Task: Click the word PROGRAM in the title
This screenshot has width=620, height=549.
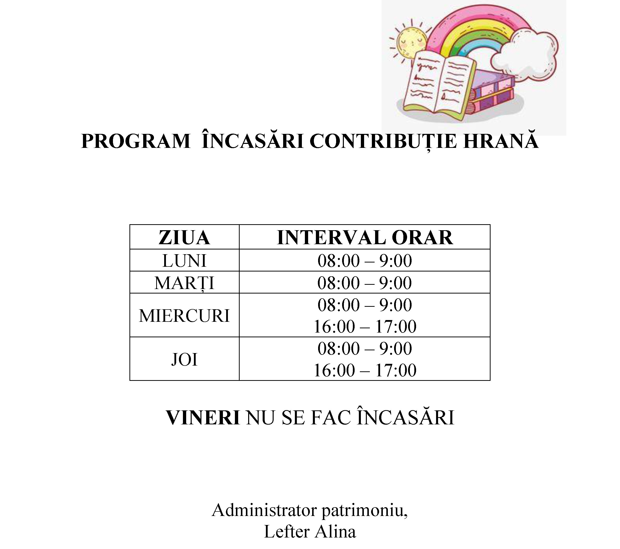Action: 136,141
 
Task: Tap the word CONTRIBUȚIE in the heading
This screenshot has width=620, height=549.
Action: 383,141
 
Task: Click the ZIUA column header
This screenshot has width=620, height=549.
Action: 184,237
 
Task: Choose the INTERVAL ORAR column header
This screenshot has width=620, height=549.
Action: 365,237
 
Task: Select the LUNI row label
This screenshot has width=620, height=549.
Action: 184,260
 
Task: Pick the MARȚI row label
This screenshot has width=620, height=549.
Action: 184,283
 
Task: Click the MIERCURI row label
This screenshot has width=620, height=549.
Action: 184,316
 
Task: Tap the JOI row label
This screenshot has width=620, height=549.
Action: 184,360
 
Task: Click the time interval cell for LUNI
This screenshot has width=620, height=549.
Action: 365,260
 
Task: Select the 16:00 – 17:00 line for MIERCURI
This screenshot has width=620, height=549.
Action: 365,327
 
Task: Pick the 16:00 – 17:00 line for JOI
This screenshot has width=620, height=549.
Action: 365,370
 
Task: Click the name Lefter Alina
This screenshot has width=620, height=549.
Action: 310,531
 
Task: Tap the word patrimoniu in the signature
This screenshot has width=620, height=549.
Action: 364,510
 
